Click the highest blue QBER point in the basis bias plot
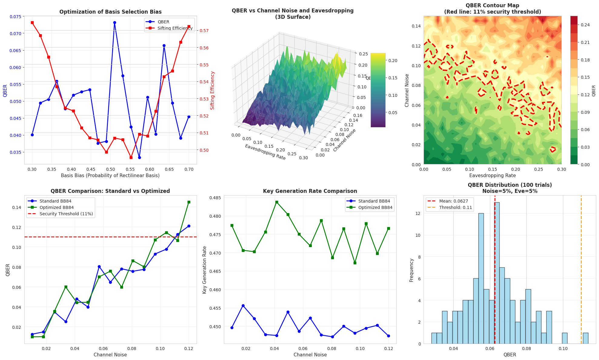pos(115,22)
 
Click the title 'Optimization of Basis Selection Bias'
pos(110,12)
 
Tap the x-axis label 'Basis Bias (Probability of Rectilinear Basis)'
pos(110,175)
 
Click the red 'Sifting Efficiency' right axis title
pos(212,90)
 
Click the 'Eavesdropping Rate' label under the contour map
pos(492,175)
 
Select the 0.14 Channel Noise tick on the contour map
pos(416,26)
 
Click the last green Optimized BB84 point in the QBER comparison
pos(189,202)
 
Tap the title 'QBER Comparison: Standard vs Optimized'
pos(110,191)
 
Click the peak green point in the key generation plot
pos(277,202)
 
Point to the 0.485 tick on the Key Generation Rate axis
pos(216,198)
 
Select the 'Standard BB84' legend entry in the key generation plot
pos(374,201)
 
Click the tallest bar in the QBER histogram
pos(497,272)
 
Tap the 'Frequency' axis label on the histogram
pos(411,270)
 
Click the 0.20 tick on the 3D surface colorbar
pos(393,61)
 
